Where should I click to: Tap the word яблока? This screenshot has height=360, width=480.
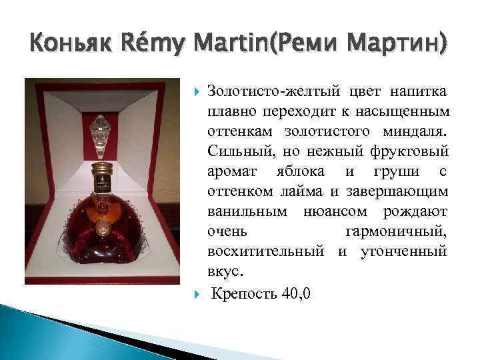tap(300, 173)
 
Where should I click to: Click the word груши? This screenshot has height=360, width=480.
tap(397, 173)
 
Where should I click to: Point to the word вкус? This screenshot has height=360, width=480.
tap(226, 271)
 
